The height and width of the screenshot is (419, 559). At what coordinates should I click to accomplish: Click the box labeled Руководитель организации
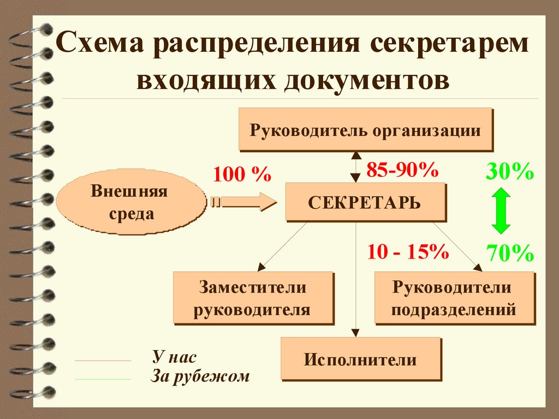[x=365, y=129]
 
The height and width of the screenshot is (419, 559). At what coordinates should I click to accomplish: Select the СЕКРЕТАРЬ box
[x=365, y=202]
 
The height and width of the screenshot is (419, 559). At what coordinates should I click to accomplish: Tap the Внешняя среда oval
[x=129, y=202]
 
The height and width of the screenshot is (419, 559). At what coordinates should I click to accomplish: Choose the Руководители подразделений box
[x=454, y=298]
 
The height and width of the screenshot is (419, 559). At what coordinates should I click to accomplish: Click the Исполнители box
[x=360, y=359]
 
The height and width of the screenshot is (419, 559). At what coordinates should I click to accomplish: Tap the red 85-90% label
[x=402, y=170]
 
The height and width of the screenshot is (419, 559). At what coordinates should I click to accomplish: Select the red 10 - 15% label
[x=408, y=252]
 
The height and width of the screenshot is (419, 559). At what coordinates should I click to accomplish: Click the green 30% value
[x=509, y=172]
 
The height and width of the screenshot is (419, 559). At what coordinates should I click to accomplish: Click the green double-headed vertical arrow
[x=501, y=211]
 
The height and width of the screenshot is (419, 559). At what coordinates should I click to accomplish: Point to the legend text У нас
[x=175, y=357]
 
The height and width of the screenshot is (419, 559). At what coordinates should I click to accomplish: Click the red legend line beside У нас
[x=103, y=361]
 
